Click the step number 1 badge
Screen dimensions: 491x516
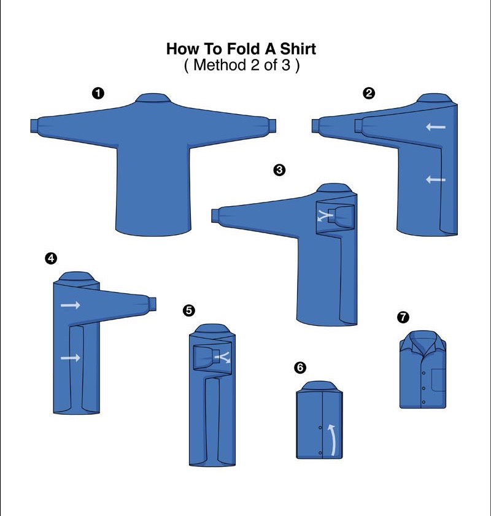coord(98,93)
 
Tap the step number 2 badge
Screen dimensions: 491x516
coord(369,93)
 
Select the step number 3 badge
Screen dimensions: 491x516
coord(279,170)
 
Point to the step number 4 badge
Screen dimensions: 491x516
coord(51,258)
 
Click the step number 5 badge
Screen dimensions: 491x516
coord(188,310)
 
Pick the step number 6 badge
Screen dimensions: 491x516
coord(300,368)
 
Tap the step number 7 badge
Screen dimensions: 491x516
coord(403,317)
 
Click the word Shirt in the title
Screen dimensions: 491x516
coord(298,48)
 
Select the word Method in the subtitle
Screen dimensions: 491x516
coord(220,65)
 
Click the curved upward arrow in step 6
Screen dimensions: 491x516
coord(333,440)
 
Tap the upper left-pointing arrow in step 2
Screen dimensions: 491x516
coord(436,126)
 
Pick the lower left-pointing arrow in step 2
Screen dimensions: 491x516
coord(436,179)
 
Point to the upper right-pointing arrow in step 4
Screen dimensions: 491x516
coord(71,305)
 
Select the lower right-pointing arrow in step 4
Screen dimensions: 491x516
coord(71,358)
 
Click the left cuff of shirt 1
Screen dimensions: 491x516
coord(34,126)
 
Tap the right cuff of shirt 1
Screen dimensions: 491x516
coord(271,126)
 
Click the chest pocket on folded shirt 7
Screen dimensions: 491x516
coord(439,380)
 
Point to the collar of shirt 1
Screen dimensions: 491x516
coord(153,98)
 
